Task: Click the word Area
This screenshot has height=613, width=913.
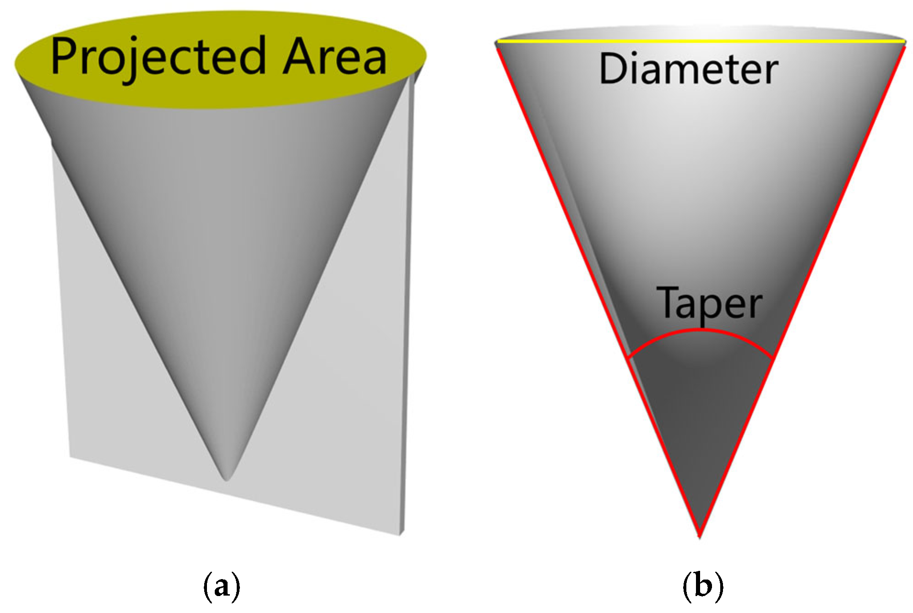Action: pos(335,56)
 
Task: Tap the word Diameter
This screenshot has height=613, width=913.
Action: pos(689,69)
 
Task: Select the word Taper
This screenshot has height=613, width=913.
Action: pos(709,303)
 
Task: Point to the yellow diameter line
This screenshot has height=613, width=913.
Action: pos(701,42)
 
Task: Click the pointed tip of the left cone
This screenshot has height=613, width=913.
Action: pos(226,480)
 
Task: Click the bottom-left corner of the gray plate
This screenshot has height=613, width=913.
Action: pos(70,456)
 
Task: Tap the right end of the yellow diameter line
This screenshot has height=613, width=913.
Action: pos(905,42)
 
